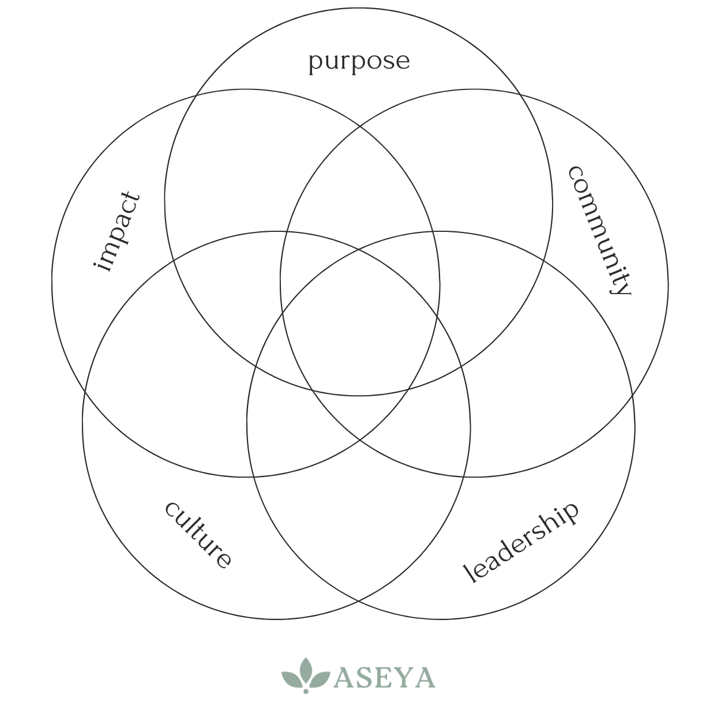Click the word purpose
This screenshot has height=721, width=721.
[x=359, y=61]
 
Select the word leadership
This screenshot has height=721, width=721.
[x=520, y=542]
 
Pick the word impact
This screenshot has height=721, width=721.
[x=117, y=232]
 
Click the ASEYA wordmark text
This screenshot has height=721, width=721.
[x=384, y=678]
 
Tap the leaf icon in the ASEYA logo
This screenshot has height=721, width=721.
[x=306, y=674]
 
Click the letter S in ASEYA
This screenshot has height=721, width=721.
[x=365, y=678]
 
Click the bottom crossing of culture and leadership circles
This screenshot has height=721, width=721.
[x=358, y=602]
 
